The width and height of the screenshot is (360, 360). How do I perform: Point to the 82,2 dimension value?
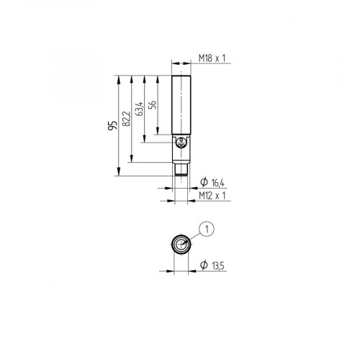coord(127,117)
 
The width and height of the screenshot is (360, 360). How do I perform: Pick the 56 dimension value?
coord(151,104)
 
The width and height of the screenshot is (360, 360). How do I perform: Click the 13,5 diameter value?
coord(217,267)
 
